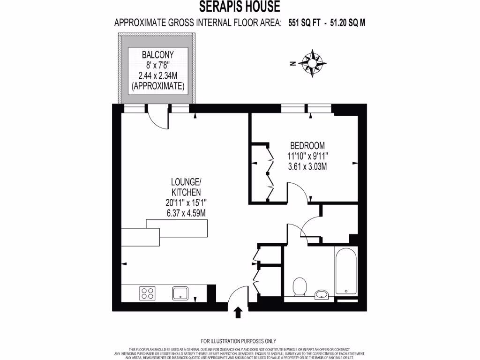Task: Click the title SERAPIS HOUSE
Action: (240, 7)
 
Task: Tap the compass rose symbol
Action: (313, 63)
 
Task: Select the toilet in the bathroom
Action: (299, 285)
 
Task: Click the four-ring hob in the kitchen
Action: (147, 293)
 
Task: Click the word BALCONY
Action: (157, 54)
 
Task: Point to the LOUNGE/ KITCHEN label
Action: (186, 187)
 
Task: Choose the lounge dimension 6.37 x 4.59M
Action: (186, 212)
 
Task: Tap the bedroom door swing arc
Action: (296, 191)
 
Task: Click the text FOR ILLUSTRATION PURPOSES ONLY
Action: (239, 341)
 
